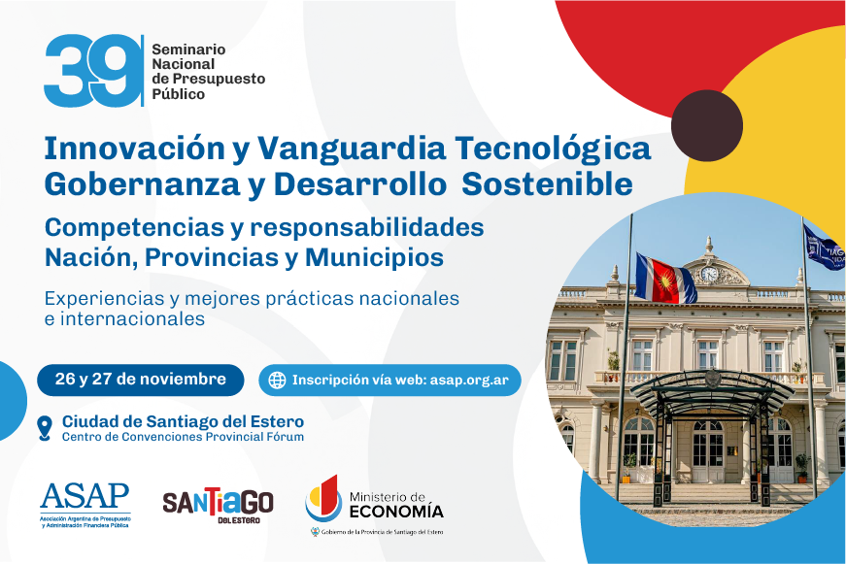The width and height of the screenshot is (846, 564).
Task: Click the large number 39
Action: (90, 71)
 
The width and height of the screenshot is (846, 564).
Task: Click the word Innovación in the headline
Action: (134, 148)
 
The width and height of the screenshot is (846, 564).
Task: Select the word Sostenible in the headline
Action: (547, 183)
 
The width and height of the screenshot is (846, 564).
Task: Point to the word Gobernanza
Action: (142, 183)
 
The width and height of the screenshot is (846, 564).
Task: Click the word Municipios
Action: (375, 257)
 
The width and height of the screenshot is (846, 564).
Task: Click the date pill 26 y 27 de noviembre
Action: (140, 380)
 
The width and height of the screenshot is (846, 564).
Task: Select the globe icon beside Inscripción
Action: (277, 381)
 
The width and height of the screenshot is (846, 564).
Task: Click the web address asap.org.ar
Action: (469, 381)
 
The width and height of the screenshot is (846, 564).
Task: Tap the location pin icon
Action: (45, 428)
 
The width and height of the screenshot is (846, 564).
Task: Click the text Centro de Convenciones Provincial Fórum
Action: (183, 437)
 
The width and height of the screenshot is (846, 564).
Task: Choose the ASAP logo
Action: (85, 505)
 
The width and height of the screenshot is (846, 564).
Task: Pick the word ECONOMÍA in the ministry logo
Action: (396, 511)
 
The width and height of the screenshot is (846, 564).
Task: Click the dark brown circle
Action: (707, 125)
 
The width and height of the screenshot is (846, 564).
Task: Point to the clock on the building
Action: (709, 275)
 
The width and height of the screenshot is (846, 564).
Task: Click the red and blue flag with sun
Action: (664, 279)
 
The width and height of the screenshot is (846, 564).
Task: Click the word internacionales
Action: (132, 318)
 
